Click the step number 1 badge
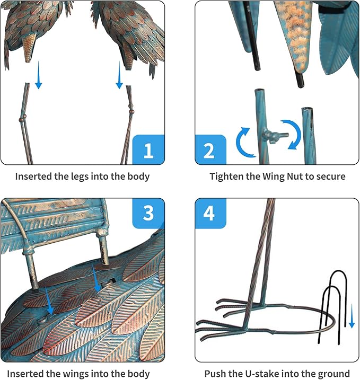coord(148,149)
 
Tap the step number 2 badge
coord(210,149)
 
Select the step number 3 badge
coord(148,213)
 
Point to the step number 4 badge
coord(210,213)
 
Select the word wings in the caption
coord(78,374)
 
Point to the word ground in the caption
coord(335,374)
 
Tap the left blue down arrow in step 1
coord(39,75)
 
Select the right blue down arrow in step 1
coord(119,75)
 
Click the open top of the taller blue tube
coord(259,91)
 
